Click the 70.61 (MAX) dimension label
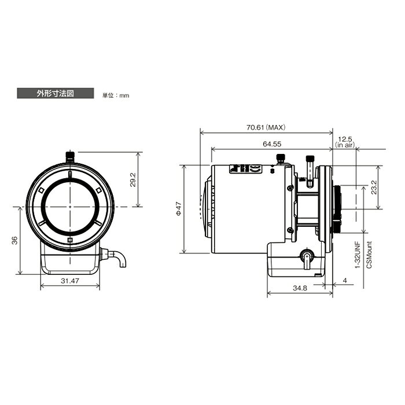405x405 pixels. click(266, 127)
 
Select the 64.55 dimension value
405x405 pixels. click(272, 144)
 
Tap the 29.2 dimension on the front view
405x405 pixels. click(132, 180)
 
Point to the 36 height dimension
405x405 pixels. click(15, 240)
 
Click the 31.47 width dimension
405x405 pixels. click(70, 281)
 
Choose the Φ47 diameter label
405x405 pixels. click(179, 209)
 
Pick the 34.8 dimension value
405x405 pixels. click(300, 288)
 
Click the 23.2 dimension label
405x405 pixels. click(374, 187)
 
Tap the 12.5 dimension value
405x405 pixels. click(345, 139)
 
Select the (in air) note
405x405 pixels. click(345, 145)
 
